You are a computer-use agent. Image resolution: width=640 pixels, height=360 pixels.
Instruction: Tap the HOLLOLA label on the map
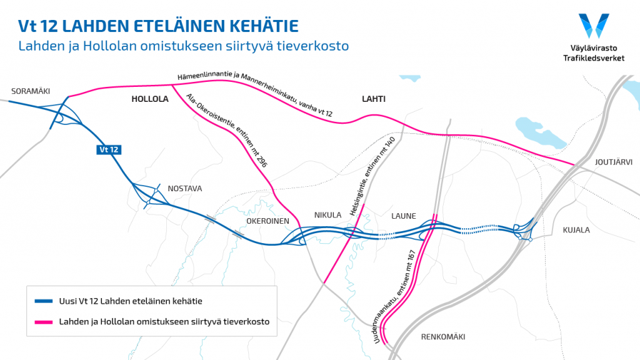(x=150, y=99)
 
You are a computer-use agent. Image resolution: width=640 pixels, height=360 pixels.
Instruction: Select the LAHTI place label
(x=374, y=99)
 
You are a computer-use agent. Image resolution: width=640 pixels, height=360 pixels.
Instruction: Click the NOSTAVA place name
(x=185, y=189)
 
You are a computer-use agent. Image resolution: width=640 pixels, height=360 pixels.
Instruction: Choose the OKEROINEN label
(x=267, y=221)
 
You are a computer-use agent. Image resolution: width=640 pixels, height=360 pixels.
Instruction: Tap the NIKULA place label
(x=327, y=215)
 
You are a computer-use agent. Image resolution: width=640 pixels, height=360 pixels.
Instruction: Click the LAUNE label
(x=404, y=216)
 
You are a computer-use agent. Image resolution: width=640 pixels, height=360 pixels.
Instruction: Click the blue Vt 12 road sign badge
(x=108, y=149)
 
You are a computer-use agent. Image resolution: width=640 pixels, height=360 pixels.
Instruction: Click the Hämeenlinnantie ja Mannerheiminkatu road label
(x=255, y=94)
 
